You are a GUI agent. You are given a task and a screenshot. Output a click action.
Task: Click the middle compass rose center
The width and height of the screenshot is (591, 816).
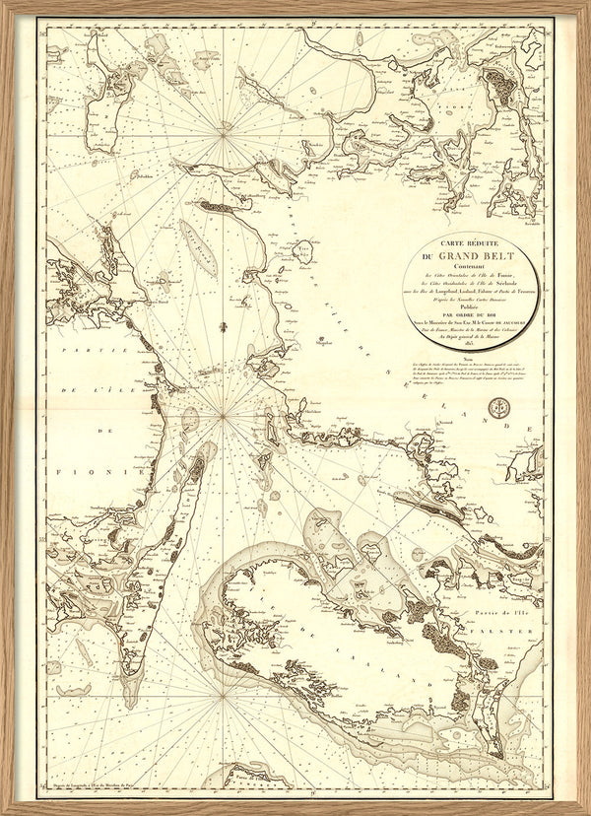click(225, 415)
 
